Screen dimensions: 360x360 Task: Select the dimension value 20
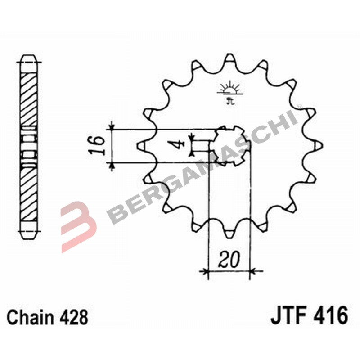tap(229, 260)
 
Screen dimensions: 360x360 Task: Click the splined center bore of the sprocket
tap(229, 145)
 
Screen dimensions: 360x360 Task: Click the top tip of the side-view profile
tap(30, 57)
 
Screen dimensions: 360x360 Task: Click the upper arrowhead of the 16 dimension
tap(112, 126)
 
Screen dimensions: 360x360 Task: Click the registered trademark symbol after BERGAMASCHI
tap(299, 107)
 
